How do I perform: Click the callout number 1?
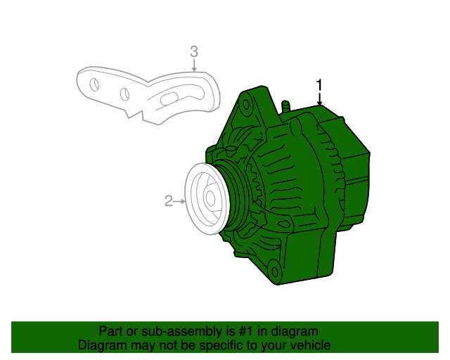[x=319, y=86]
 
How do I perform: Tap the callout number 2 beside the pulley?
[x=168, y=202]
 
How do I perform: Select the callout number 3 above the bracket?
[x=194, y=51]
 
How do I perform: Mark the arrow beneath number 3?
[x=194, y=66]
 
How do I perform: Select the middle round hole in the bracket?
[x=124, y=94]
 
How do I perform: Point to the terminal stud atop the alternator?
[x=285, y=106]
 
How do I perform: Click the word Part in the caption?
[x=111, y=331]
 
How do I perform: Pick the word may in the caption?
[x=141, y=345]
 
